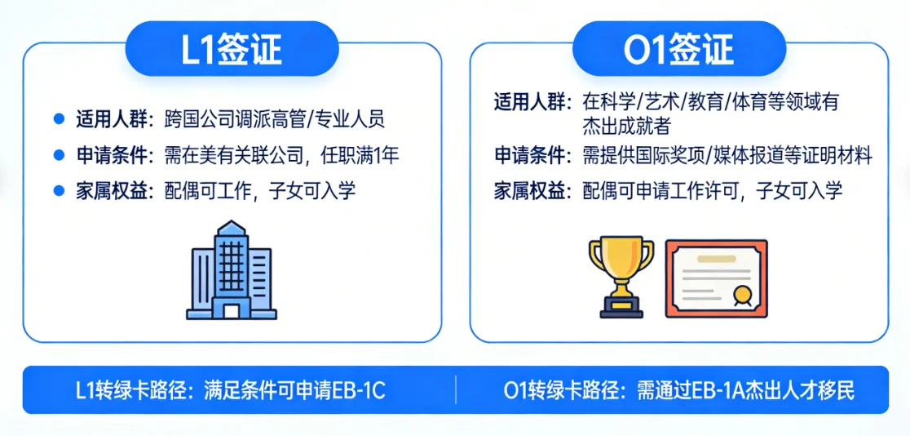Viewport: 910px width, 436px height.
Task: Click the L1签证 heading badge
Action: (x=232, y=49)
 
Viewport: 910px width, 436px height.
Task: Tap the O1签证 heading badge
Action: (x=678, y=49)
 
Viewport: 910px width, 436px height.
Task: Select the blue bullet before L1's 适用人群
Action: (x=58, y=119)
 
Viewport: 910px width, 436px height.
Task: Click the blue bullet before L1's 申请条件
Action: (x=58, y=154)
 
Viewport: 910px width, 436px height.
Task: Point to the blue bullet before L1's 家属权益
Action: (x=58, y=190)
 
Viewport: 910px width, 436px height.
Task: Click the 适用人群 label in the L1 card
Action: (x=114, y=119)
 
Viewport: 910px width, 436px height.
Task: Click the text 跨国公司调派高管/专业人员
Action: (x=274, y=119)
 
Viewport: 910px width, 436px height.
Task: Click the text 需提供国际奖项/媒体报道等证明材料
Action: (x=727, y=155)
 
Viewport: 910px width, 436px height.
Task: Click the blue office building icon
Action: (x=232, y=271)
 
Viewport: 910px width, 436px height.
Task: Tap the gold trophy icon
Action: (x=621, y=276)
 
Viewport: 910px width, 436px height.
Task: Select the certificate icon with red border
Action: (x=716, y=278)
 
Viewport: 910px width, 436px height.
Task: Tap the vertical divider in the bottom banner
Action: (x=455, y=390)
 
